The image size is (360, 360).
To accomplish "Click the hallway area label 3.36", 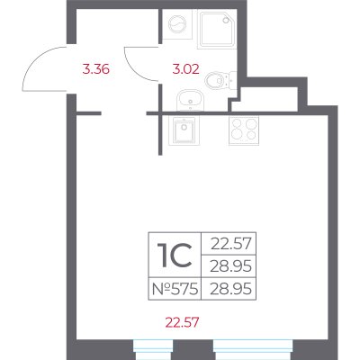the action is [96, 69].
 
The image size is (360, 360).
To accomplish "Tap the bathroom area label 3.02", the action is [185, 69].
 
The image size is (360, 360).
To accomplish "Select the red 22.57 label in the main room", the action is [182, 323].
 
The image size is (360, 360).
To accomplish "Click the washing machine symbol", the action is [177, 23].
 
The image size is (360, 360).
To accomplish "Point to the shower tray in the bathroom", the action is [217, 29].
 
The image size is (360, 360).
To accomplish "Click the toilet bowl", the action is [215, 79].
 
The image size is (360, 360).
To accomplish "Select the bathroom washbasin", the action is [190, 101].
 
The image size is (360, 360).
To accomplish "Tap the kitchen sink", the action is [182, 130].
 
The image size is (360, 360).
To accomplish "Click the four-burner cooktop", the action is [244, 130].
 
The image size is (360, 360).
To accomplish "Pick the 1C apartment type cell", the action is [175, 255].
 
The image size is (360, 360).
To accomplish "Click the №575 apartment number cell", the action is [175, 289].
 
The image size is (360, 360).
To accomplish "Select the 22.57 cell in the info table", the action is [229, 243].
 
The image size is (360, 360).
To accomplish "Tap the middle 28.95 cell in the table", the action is [229, 265].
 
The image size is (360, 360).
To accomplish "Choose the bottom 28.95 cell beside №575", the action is [229, 289].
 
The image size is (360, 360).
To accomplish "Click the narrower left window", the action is [153, 349].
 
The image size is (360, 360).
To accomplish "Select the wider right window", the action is [253, 349].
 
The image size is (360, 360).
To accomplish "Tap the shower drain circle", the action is [226, 20].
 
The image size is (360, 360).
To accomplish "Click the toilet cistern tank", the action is [233, 79].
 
